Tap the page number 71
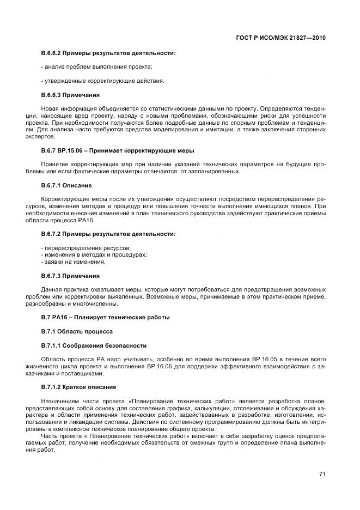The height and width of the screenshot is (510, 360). [x=322, y=474]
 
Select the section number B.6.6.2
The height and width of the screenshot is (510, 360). [x=53, y=53]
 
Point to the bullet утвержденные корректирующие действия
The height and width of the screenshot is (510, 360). [x=102, y=81]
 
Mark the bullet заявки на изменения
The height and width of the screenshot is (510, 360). [x=74, y=262]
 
